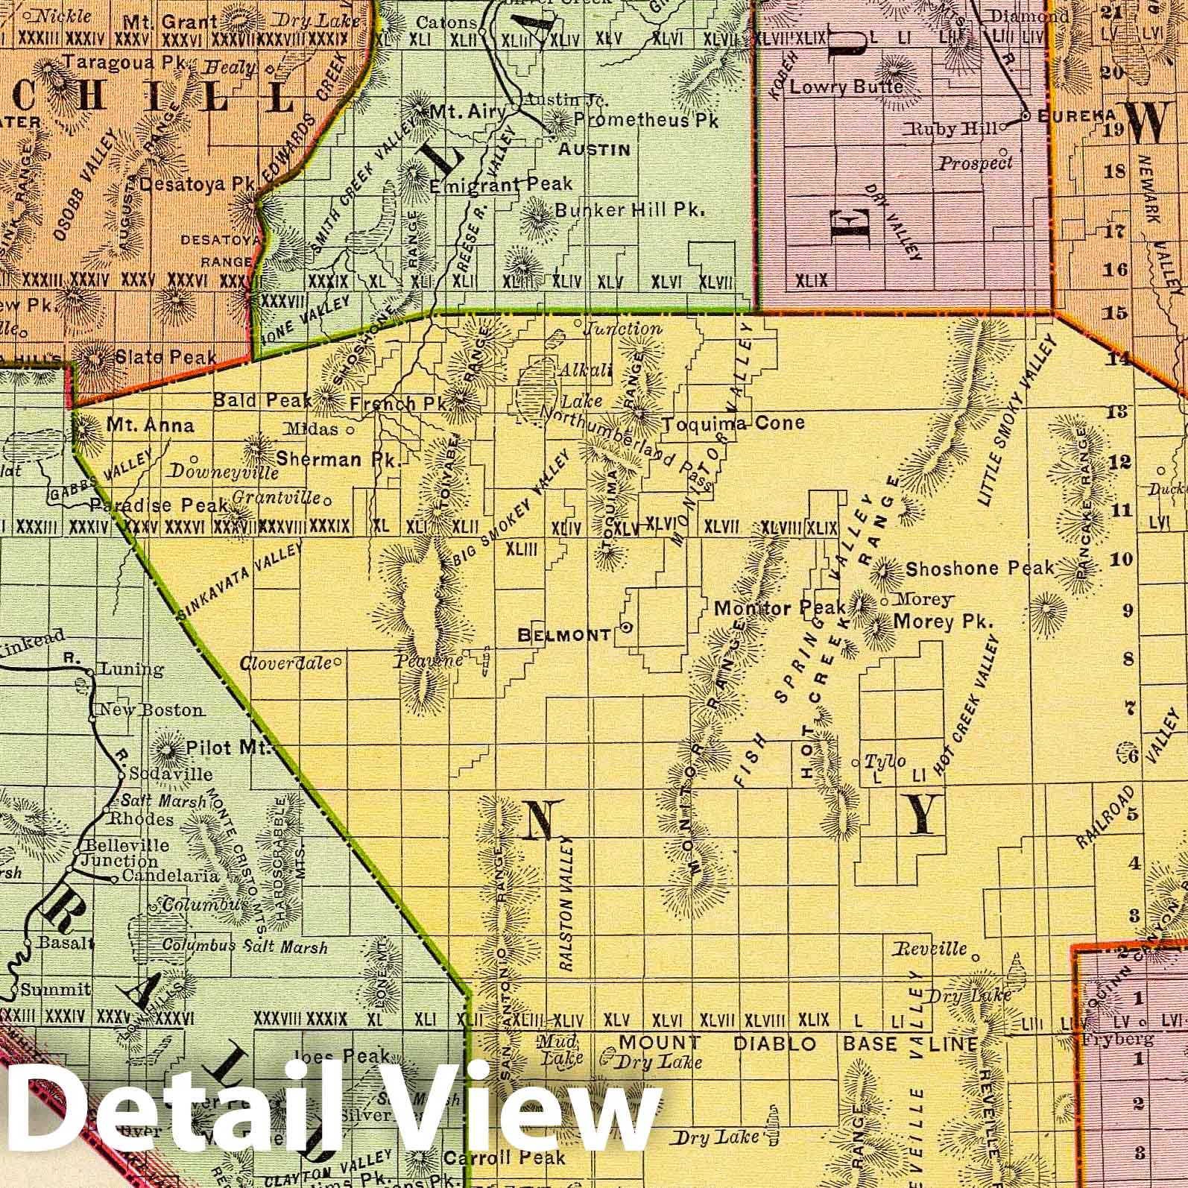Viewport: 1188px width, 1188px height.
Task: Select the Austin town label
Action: tap(595, 150)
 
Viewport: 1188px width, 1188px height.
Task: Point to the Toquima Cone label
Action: tap(734, 423)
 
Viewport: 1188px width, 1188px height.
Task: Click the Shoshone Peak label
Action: tap(979, 569)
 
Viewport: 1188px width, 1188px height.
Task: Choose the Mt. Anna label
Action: tap(150, 426)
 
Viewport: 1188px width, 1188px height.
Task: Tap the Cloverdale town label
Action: tap(285, 662)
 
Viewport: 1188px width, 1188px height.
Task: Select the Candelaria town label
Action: tap(170, 876)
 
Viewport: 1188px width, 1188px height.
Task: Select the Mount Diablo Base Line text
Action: tap(797, 1043)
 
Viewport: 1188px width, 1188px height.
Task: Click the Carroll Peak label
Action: tap(505, 1157)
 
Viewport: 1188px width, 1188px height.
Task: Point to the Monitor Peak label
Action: tap(780, 608)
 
